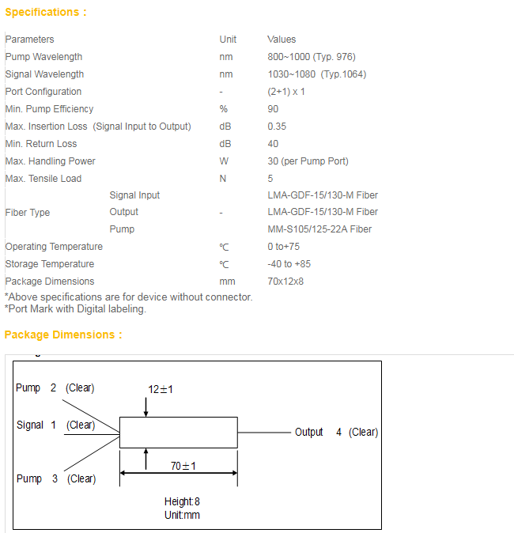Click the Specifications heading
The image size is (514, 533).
point(46,12)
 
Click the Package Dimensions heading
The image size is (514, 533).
point(63,335)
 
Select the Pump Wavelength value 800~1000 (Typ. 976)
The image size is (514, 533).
point(312,57)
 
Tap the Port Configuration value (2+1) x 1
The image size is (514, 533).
point(286,92)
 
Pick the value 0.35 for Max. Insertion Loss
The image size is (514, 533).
point(277,127)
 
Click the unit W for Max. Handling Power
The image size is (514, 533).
point(224,161)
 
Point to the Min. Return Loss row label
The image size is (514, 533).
point(41,144)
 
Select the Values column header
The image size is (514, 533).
point(282,40)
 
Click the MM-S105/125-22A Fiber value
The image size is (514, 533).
point(319,229)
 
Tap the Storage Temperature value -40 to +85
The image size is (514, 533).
point(289,264)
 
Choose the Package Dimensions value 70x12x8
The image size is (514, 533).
point(285,282)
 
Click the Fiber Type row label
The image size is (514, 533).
point(28,213)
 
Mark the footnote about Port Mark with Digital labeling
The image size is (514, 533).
point(75,309)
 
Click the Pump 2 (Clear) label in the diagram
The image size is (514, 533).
point(55,387)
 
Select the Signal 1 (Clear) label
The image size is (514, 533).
point(56,425)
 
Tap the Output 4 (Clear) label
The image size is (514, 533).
point(337,432)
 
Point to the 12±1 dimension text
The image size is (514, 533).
point(161,389)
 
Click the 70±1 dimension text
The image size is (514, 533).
point(183,466)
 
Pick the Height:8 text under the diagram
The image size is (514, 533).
point(182,501)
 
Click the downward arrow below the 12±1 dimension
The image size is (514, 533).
point(146,407)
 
